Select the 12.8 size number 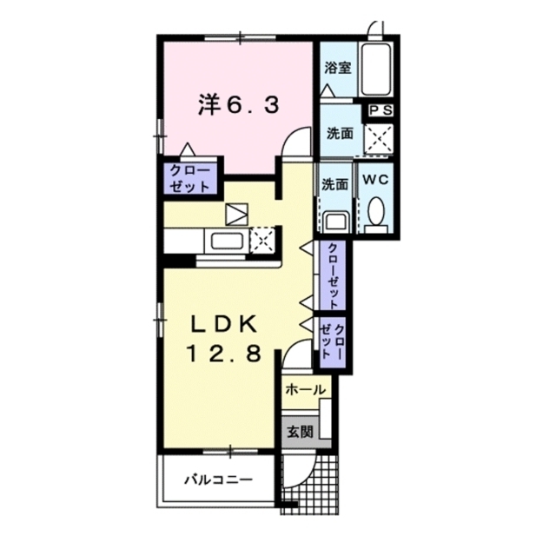click(222, 354)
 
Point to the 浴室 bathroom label click(338, 67)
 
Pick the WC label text click(375, 180)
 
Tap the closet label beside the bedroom click(189, 177)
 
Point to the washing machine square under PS click(378, 137)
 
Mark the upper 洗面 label click(339, 134)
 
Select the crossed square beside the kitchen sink click(262, 239)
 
